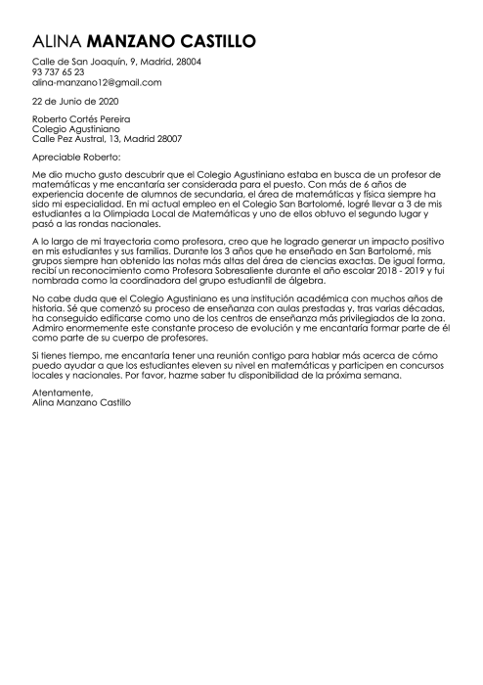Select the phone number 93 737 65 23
pos(58,72)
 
